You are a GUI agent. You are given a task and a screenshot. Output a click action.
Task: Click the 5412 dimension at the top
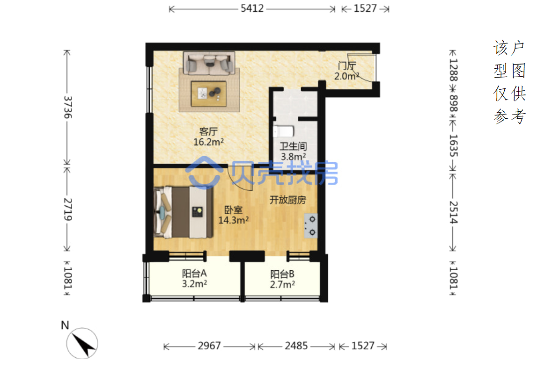(x=252, y=8)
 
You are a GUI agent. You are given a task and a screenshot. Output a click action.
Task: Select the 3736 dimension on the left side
(x=68, y=107)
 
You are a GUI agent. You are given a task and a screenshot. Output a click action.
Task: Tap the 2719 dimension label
(x=68, y=209)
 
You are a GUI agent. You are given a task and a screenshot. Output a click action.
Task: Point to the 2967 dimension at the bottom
(x=209, y=346)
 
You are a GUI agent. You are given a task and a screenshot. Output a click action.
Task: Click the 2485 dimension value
(x=296, y=346)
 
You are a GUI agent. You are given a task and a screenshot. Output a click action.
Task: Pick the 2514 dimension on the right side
(x=453, y=212)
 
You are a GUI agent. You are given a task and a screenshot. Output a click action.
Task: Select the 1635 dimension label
(x=453, y=145)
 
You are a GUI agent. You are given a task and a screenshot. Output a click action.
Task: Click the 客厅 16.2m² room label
(x=208, y=137)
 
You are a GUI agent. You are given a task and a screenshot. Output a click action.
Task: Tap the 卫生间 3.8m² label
(x=293, y=151)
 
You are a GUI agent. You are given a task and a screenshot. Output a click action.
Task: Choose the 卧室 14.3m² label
(x=234, y=215)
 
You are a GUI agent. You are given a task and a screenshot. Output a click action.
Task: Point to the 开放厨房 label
(x=287, y=200)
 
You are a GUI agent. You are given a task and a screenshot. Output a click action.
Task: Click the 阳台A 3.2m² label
(x=194, y=278)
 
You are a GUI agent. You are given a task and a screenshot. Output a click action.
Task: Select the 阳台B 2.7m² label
(x=282, y=279)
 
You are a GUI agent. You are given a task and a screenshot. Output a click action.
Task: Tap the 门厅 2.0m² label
(x=347, y=71)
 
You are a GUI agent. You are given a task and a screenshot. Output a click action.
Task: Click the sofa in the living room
(x=209, y=63)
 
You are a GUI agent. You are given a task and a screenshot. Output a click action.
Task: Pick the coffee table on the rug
(x=209, y=94)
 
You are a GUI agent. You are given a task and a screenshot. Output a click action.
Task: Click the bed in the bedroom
(x=184, y=212)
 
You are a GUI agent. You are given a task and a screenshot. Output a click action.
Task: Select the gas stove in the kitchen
(x=311, y=226)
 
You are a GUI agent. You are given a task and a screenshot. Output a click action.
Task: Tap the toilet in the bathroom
(x=284, y=131)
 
